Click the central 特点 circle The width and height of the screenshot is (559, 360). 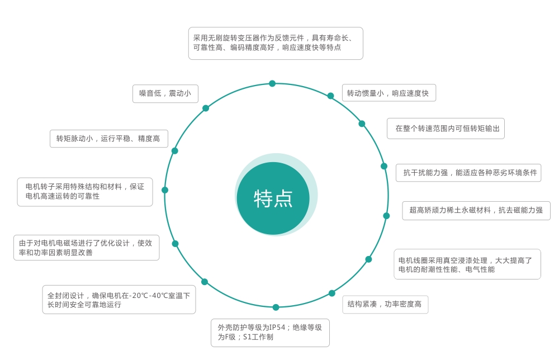273,198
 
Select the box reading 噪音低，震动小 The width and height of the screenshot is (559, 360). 165,93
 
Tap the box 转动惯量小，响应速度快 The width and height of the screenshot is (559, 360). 389,93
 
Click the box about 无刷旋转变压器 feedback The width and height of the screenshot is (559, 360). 276,43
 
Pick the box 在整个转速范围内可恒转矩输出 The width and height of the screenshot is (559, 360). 446,129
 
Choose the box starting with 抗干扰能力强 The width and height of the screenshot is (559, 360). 468,173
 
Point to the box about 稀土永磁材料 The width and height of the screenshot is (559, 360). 476,210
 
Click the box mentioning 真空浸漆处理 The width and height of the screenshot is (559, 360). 467,264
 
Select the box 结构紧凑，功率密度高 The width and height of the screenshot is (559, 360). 385,305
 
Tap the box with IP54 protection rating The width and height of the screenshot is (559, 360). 270,333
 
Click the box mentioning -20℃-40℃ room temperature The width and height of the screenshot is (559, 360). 119,300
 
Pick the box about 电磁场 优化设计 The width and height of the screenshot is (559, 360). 86,248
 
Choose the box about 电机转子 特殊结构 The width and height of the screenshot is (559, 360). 85,192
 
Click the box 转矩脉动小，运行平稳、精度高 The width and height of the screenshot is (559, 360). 109,139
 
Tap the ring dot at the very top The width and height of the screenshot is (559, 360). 272,83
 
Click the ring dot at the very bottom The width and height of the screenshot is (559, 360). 276,307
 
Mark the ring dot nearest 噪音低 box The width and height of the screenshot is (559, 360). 206,108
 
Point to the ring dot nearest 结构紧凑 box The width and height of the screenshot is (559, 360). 332,293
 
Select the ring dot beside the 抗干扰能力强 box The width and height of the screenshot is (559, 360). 384,166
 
